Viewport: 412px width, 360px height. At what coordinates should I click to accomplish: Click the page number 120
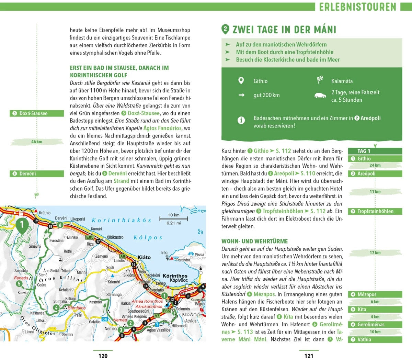(x=103, y=356)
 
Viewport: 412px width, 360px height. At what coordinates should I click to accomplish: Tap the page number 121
(x=309, y=356)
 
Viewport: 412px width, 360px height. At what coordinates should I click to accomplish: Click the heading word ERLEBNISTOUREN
(x=357, y=7)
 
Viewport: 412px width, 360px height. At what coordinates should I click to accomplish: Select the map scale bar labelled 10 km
(x=173, y=218)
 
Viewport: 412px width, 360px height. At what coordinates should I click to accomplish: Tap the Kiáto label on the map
(x=144, y=257)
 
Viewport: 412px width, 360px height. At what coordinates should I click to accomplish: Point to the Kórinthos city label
(x=175, y=276)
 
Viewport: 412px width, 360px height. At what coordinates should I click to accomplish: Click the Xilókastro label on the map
(x=115, y=237)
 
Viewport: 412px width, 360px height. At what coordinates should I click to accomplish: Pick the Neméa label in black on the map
(x=111, y=328)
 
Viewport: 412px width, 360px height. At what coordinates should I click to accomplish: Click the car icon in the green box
(x=320, y=95)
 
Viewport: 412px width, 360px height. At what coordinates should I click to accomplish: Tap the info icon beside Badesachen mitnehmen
(x=241, y=120)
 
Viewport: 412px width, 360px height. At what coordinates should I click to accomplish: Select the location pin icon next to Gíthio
(x=241, y=81)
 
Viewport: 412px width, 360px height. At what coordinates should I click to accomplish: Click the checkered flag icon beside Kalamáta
(x=320, y=80)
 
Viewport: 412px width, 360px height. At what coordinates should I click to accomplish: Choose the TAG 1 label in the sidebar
(x=364, y=151)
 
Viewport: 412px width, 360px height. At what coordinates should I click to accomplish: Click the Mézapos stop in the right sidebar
(x=375, y=294)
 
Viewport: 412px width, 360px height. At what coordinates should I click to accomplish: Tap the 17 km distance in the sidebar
(x=375, y=252)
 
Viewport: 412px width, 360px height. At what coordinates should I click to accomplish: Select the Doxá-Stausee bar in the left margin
(x=37, y=113)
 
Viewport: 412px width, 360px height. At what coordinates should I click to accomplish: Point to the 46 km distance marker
(x=37, y=142)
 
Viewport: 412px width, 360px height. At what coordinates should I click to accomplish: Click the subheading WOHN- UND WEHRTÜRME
(x=254, y=241)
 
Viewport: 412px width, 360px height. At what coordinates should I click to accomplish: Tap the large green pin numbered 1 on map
(x=22, y=225)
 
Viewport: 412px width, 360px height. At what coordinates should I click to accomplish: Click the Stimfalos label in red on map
(x=77, y=308)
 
